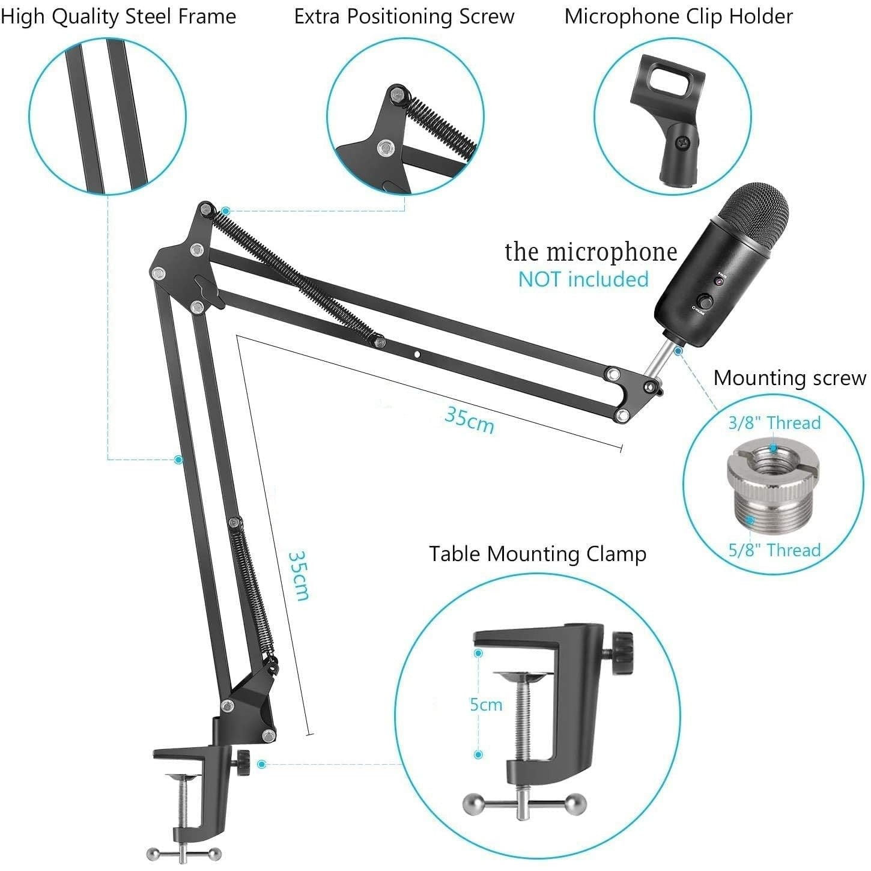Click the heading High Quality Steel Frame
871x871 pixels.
point(118,16)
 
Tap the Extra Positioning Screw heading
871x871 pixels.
point(404,16)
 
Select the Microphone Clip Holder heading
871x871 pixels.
point(679,16)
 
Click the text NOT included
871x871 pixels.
point(583,279)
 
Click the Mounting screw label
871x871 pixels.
point(789,378)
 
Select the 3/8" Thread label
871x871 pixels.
point(774,423)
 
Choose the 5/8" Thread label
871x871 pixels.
point(774,550)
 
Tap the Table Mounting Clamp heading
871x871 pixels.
point(538,554)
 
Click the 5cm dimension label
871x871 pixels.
point(486,704)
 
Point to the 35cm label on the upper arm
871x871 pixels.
point(469,419)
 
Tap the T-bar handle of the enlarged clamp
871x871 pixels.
point(524,803)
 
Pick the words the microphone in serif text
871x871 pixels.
point(591,252)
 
